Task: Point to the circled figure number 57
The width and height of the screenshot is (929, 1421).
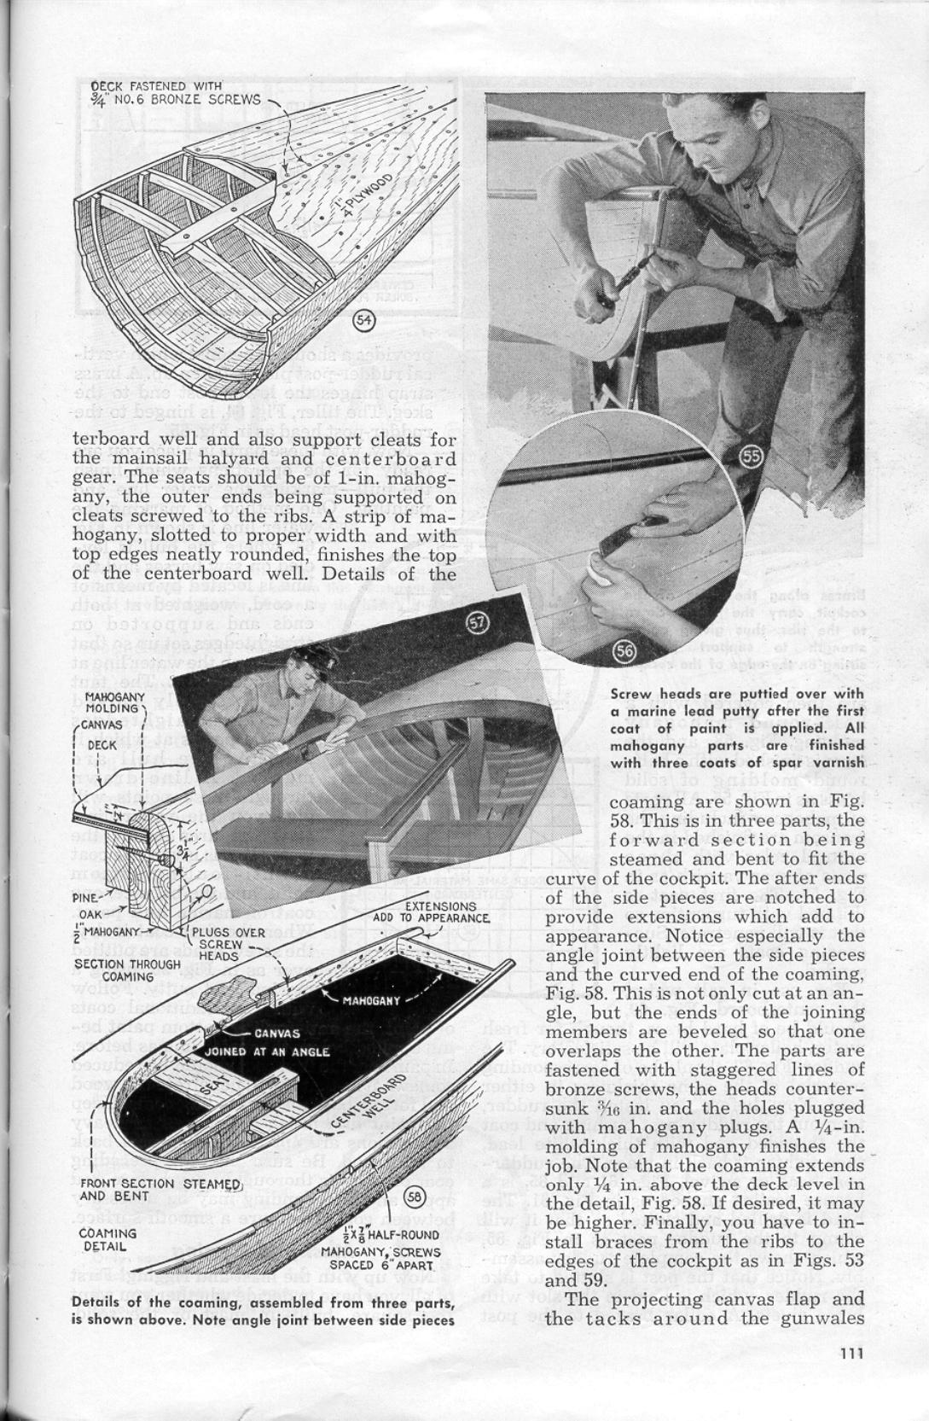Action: tap(479, 624)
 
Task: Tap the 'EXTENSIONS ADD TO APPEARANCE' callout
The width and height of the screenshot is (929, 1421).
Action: tap(433, 911)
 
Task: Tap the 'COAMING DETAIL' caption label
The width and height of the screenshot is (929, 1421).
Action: tap(107, 1239)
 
